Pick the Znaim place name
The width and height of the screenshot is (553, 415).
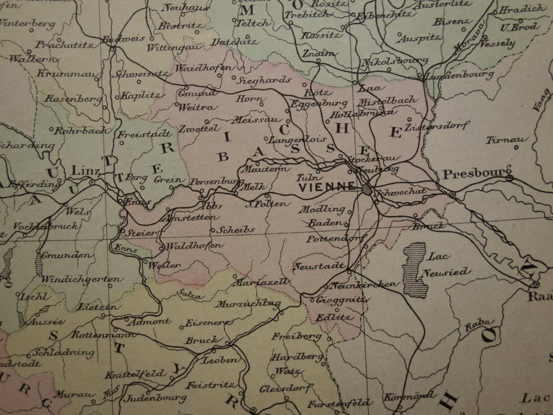pos(318,53)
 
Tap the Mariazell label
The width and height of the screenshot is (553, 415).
pos(261,282)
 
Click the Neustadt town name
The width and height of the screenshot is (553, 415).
pos(319,266)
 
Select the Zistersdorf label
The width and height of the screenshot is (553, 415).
pos(437,125)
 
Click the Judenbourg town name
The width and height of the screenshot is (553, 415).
pos(155,398)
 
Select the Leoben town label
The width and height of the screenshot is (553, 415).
pos(220,360)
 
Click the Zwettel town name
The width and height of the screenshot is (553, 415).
pos(199,129)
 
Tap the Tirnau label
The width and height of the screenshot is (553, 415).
pos(506,140)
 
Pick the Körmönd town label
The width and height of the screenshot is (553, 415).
pos(408,396)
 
